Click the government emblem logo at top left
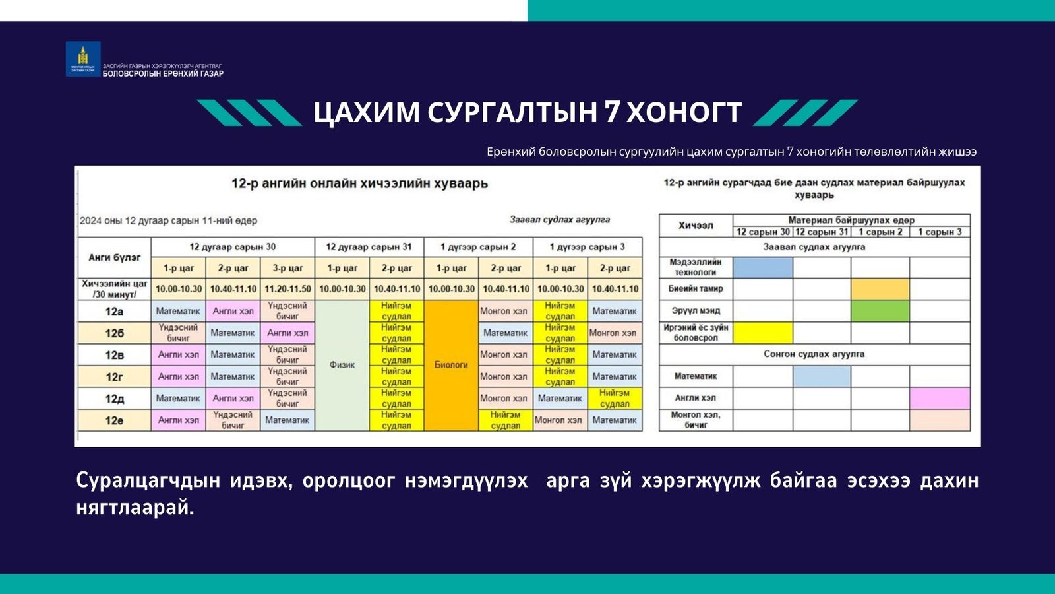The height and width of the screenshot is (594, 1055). [x=83, y=59]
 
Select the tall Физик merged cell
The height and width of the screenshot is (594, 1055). [x=342, y=365]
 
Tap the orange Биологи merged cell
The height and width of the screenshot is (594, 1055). [x=451, y=365]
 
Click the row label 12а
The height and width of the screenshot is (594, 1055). [x=114, y=311]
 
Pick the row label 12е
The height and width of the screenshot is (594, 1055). [x=114, y=420]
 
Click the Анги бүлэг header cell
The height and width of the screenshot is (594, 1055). [x=114, y=257]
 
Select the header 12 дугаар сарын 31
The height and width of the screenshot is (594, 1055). [x=369, y=247]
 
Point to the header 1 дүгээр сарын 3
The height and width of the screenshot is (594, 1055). [x=587, y=247]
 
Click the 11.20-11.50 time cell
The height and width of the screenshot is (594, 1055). [x=287, y=289]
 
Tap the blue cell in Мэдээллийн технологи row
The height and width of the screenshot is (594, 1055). [x=763, y=267]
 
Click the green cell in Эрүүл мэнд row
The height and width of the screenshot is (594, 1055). [x=880, y=311]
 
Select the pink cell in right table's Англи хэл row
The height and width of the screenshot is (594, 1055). [x=940, y=398]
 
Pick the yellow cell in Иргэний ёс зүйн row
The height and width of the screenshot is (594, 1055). [x=763, y=333]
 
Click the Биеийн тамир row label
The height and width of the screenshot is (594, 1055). [x=695, y=289]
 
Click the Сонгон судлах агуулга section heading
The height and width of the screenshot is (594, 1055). [x=814, y=354]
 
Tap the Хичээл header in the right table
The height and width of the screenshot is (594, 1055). [x=695, y=226]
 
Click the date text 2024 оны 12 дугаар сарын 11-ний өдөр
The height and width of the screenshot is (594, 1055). [x=168, y=221]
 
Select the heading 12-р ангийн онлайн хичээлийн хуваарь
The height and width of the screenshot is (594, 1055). [x=359, y=183]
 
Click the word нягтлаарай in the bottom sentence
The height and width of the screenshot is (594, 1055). [x=135, y=508]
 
